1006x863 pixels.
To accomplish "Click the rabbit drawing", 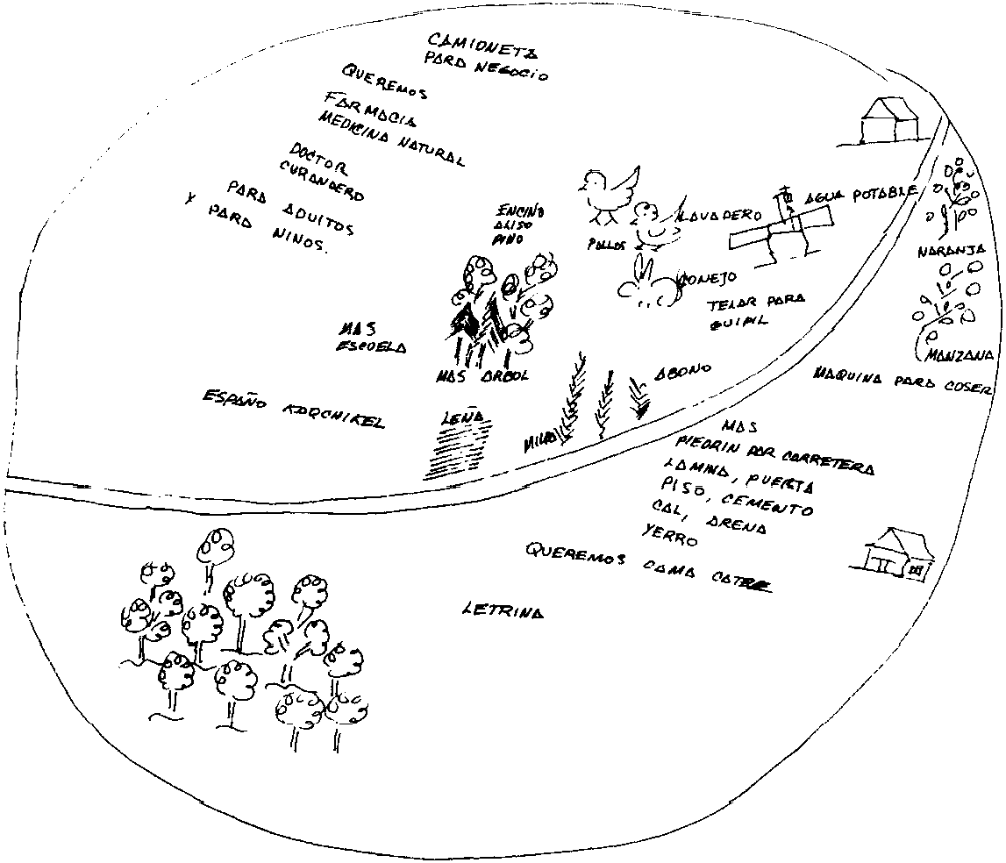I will pos(650,285).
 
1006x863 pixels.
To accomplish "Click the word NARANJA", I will pos(952,251).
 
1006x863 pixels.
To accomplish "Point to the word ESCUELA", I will pos(371,347).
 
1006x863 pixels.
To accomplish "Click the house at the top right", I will pos(889,120).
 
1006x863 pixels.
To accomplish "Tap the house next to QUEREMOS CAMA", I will pos(894,553).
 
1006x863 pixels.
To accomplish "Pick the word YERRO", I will pos(668,534).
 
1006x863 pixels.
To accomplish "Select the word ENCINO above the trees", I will pos(521,211).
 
